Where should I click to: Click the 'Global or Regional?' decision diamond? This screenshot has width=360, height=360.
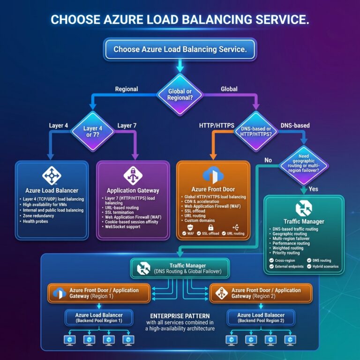tap(180, 93)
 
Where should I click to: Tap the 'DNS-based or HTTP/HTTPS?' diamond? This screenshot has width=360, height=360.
tap(255, 131)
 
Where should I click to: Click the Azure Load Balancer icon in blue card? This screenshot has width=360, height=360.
tap(51, 175)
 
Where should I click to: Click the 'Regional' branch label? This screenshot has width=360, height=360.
tap(126, 89)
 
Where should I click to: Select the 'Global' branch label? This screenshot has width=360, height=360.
tap(229, 89)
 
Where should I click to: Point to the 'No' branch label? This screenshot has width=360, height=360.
tap(268, 160)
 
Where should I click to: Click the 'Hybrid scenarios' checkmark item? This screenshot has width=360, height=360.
tap(323, 266)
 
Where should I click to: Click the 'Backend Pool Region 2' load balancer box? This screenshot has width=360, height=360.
tap(261, 318)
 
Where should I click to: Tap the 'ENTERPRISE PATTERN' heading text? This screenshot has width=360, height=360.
tap(180, 315)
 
